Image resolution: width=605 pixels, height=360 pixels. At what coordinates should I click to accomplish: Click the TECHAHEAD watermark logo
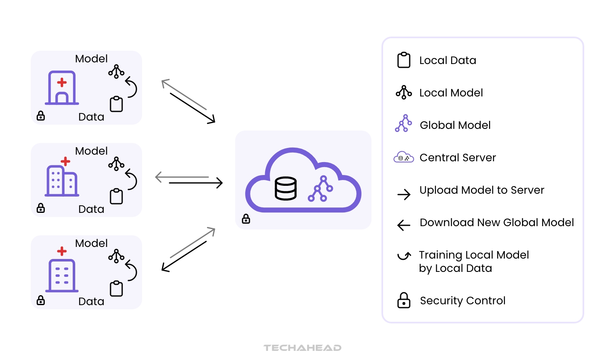(302, 348)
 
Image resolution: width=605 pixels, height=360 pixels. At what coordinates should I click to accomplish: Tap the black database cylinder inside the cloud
(286, 188)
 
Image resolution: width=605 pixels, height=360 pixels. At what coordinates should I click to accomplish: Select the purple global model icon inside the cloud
(320, 189)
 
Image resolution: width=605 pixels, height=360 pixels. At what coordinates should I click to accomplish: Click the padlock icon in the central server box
(246, 219)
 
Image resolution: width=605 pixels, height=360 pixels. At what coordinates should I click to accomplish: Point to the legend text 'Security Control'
(462, 301)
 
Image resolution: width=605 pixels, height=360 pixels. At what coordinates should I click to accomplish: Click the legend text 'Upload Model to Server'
(482, 190)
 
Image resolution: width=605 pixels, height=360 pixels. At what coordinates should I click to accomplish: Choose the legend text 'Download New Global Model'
(497, 222)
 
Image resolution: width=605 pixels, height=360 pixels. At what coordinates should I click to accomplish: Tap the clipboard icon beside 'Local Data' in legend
(404, 60)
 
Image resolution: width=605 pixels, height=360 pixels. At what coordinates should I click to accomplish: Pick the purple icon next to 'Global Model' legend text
(403, 123)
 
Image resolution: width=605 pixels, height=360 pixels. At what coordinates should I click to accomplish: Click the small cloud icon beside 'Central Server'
(403, 157)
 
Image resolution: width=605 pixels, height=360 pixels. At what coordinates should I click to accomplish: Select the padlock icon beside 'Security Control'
(404, 300)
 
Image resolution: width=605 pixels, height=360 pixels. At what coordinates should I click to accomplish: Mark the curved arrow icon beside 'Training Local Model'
(404, 256)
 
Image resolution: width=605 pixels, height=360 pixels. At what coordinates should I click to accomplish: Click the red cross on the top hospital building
(62, 82)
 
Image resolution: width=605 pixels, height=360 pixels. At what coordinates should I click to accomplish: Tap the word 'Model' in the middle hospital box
(91, 151)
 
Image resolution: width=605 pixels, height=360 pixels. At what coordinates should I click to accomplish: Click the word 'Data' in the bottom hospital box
(91, 301)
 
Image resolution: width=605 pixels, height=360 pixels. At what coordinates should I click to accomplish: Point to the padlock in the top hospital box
(41, 116)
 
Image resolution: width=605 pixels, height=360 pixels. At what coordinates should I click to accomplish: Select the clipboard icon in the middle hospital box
(116, 196)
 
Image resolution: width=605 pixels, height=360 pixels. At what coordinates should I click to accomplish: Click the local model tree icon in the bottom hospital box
(116, 256)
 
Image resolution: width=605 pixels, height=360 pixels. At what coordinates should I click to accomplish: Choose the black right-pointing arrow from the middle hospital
(196, 183)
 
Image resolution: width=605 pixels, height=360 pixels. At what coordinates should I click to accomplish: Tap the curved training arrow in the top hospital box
(131, 87)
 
